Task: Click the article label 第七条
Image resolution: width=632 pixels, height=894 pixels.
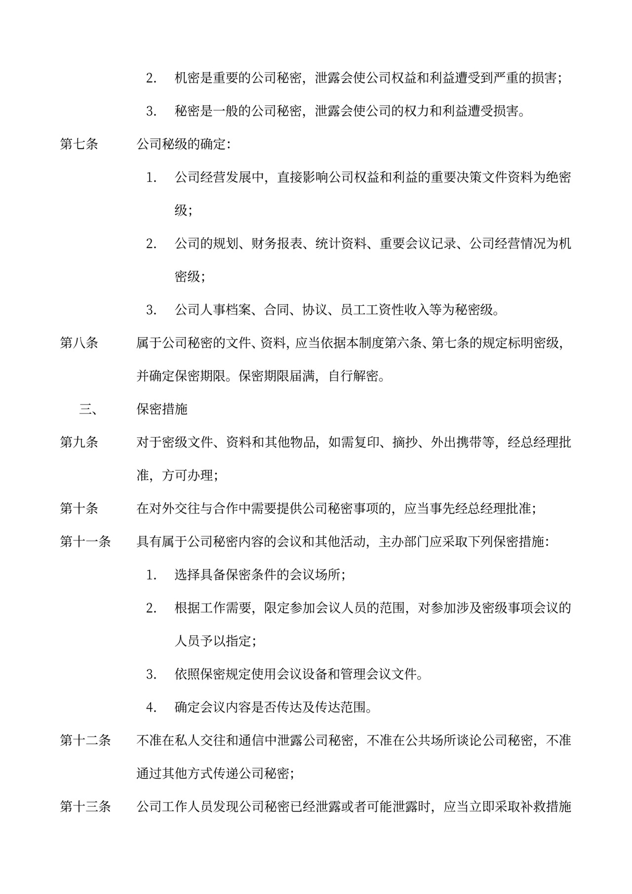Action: click(79, 144)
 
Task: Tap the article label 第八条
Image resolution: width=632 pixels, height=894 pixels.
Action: click(79, 343)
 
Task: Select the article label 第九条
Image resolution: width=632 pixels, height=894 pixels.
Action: click(79, 442)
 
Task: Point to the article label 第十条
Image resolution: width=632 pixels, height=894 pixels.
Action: click(79, 508)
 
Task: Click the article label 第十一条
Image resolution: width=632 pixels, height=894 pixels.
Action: click(85, 542)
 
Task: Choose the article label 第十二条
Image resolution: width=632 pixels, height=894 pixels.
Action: click(85, 740)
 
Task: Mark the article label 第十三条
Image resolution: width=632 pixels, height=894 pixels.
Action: click(85, 807)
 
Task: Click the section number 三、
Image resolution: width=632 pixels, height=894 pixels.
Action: click(88, 409)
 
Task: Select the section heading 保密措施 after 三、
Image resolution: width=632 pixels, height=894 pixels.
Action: click(162, 409)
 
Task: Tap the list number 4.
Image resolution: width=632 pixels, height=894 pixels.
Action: click(151, 707)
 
